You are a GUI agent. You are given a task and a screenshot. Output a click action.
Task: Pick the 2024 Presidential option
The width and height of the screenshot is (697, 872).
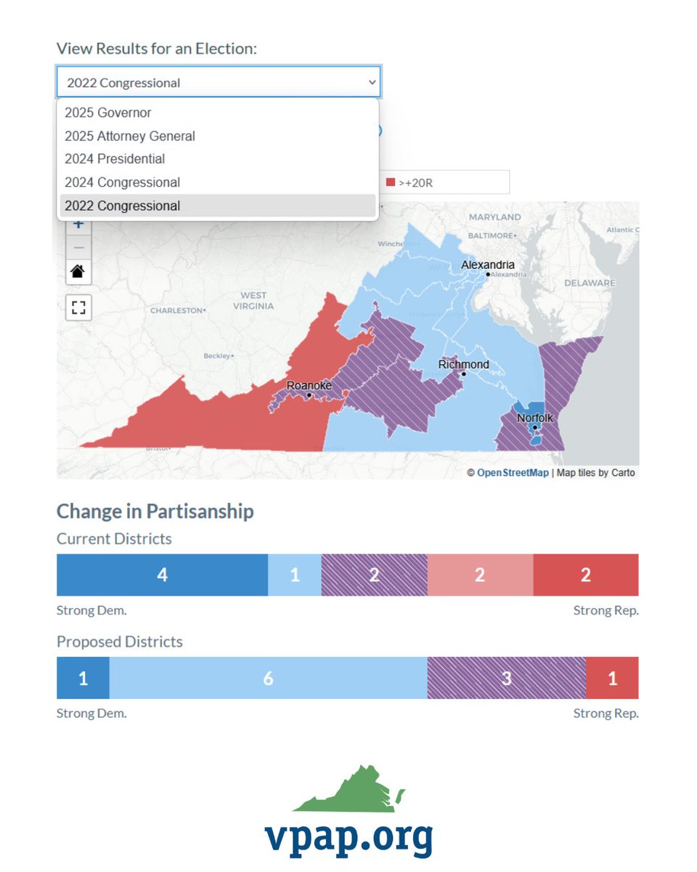(115, 159)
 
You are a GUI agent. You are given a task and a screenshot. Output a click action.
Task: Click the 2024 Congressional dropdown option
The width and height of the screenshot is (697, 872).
(122, 182)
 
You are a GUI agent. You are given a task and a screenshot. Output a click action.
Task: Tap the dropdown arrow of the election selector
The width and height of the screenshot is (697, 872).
(372, 82)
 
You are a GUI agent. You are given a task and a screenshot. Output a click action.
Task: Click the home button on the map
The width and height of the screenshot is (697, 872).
(78, 272)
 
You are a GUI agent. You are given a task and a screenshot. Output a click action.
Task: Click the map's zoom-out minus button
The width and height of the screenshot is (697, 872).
(78, 248)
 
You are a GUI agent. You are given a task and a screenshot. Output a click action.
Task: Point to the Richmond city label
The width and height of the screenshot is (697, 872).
(463, 364)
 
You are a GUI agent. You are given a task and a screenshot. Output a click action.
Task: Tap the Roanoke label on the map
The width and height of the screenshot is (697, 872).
(309, 385)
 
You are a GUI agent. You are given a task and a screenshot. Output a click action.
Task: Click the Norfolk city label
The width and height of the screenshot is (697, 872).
(534, 418)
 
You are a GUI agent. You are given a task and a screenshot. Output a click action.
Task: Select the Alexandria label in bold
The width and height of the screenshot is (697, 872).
(487, 265)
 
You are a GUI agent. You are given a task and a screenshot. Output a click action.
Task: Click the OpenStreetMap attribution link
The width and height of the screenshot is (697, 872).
(513, 472)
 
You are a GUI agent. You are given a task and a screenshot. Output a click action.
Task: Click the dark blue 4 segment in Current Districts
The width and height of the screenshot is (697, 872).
(162, 575)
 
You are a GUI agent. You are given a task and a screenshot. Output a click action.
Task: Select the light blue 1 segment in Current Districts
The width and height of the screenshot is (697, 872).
(294, 575)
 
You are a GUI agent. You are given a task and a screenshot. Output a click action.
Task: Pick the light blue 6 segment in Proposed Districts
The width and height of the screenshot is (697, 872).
(268, 678)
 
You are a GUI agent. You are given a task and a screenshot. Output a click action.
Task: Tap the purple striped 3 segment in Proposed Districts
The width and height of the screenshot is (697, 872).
(506, 678)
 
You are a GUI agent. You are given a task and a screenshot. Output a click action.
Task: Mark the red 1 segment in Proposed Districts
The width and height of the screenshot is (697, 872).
(612, 678)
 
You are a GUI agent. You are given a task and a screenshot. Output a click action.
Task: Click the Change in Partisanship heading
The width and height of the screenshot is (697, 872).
(155, 511)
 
